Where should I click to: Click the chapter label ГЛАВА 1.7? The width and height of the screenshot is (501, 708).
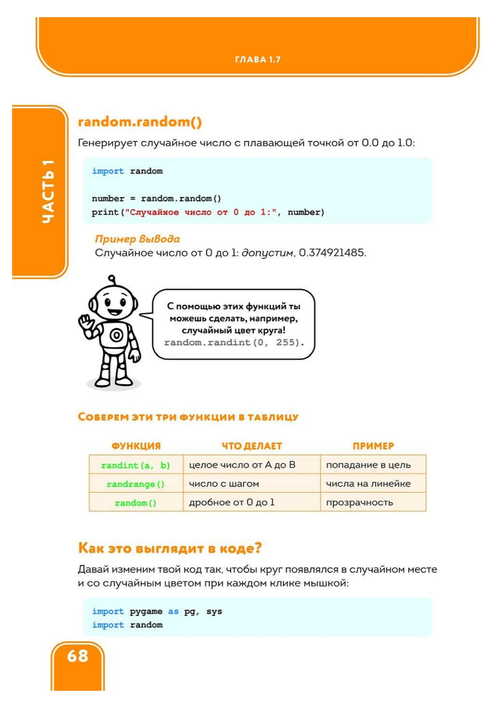click(x=258, y=59)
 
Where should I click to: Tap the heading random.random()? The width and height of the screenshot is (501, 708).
click(x=140, y=122)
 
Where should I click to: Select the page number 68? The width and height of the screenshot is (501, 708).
click(x=78, y=656)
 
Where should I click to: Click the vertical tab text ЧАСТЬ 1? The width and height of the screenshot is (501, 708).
click(x=49, y=191)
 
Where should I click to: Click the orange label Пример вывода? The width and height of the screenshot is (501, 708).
click(x=137, y=239)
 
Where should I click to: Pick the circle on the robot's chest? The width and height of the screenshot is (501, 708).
click(x=116, y=335)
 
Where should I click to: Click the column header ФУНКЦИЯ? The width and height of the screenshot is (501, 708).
click(x=136, y=446)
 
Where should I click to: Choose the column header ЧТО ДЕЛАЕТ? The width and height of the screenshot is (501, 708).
click(x=252, y=446)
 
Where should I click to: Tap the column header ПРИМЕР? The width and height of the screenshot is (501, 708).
click(x=373, y=446)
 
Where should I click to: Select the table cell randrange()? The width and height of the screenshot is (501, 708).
click(x=136, y=484)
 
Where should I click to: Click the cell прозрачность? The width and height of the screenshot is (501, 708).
click(x=359, y=503)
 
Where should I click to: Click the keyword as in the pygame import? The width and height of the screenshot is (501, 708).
click(x=173, y=611)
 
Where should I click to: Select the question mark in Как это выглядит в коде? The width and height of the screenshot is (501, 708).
click(x=258, y=548)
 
